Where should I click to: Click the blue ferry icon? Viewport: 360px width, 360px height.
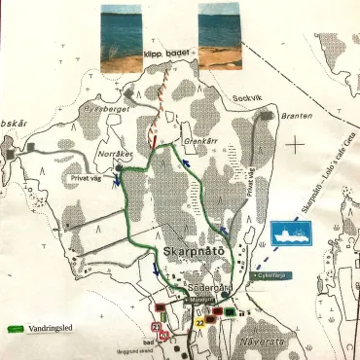coord(292,232)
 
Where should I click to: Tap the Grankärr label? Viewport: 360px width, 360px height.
coord(198,139)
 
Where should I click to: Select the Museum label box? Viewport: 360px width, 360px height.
coord(201,302)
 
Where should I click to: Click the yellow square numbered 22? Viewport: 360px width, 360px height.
coord(199,320)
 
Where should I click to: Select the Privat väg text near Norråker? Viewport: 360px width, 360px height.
coord(87,179)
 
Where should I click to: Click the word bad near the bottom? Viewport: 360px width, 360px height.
coord(145,342)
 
